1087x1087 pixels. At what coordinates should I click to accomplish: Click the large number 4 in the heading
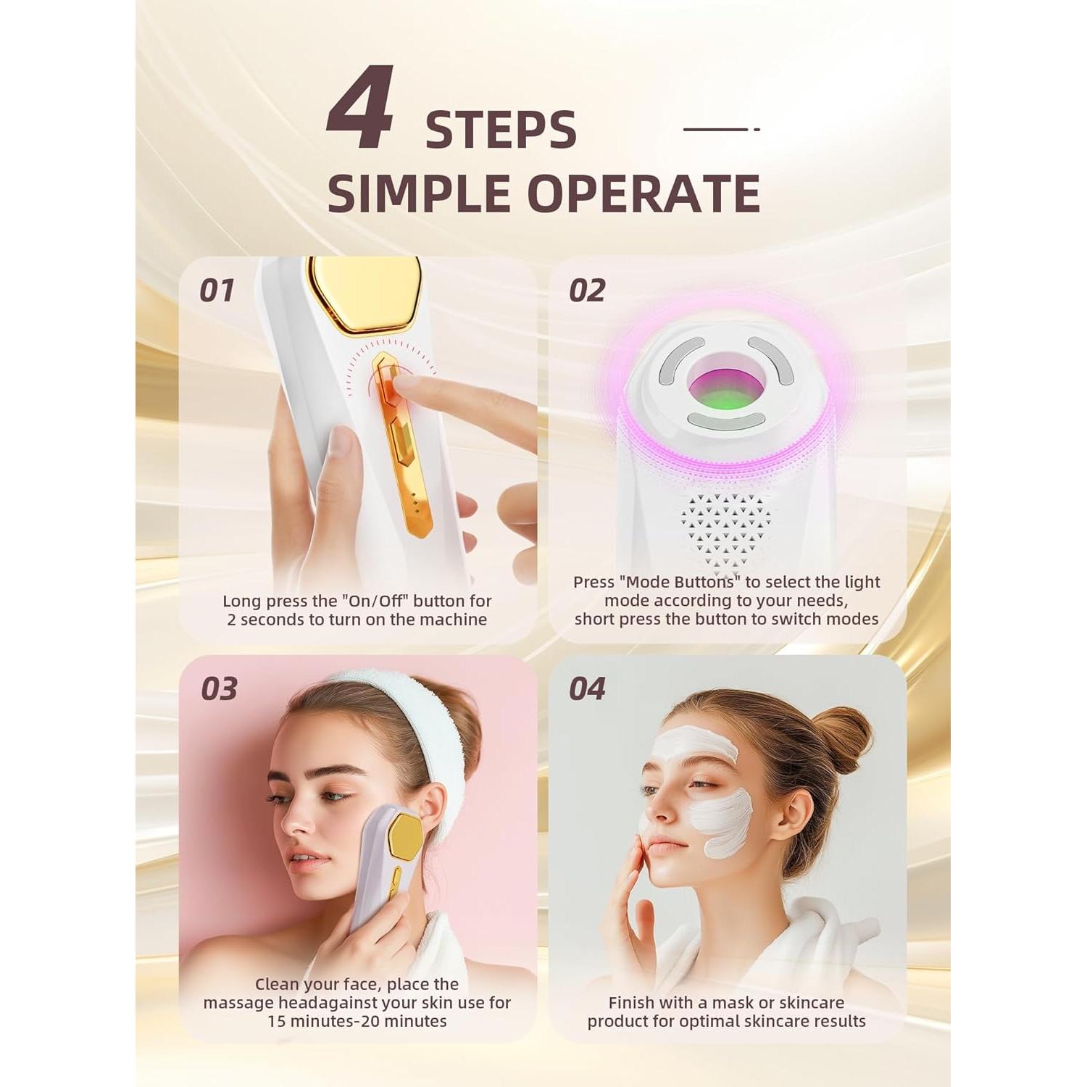360,109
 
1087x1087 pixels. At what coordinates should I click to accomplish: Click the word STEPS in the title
501,131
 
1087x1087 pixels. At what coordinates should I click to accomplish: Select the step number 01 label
217,291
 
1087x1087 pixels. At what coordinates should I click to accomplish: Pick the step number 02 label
586,291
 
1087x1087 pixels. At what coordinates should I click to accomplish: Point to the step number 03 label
219,689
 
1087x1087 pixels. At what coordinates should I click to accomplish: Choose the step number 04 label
586,689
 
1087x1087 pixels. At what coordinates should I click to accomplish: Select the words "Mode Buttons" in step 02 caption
673,582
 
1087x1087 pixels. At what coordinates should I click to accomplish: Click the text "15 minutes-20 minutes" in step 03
357,1021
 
